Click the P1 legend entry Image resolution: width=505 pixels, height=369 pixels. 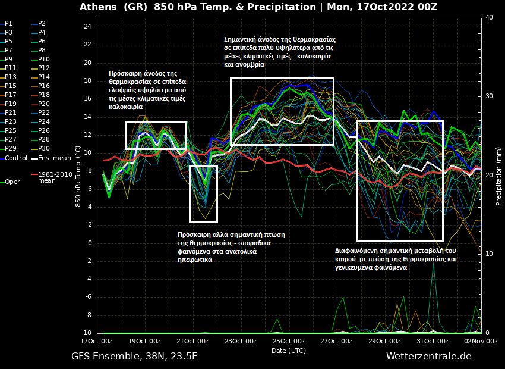[8, 23]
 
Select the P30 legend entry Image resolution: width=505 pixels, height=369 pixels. [44, 148]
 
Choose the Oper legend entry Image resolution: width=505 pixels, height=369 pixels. [12, 182]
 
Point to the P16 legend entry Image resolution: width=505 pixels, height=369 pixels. [44, 86]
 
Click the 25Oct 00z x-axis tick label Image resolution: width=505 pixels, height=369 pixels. [288, 341]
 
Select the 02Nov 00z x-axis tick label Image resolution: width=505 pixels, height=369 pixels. [481, 341]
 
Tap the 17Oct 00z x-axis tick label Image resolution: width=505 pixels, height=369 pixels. [96, 341]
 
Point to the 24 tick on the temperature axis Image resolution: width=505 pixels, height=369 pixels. [87, 27]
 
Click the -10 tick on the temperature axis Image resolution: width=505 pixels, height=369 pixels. [86, 333]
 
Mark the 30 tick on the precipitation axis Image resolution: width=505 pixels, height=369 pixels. [489, 96]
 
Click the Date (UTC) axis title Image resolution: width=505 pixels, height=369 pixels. [289, 351]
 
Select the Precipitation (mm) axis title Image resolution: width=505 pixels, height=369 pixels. [499, 176]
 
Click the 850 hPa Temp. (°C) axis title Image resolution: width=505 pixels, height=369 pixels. [78, 176]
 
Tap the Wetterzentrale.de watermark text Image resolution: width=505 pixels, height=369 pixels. [428, 356]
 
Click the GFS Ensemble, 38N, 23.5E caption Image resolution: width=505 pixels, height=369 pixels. [134, 356]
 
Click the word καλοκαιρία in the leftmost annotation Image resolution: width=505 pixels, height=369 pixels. [125, 107]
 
